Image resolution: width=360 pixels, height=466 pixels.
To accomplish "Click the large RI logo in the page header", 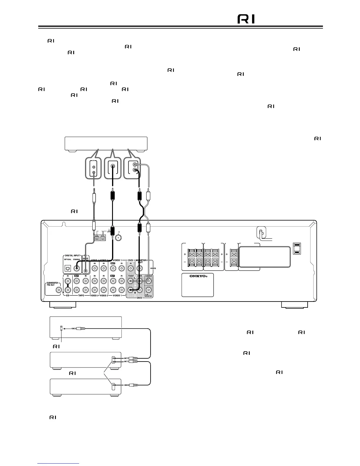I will click(246, 19).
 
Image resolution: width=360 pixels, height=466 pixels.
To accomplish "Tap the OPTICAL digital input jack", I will click(68, 268).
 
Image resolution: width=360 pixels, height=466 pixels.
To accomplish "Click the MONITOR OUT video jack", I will click(140, 268).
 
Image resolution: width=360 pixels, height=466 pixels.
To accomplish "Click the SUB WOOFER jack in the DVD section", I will click(149, 290).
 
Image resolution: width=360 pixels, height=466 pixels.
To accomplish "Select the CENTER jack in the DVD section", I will click(149, 281).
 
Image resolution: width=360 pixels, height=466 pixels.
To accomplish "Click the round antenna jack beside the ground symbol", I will click(119, 238).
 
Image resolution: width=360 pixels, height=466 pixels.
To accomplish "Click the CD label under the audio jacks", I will click(67, 295).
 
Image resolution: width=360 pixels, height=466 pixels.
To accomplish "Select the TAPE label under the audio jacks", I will click(81, 295).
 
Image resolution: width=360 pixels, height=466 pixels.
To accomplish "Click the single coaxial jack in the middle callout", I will click(113, 166).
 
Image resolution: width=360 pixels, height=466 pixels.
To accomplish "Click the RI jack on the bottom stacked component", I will click(114, 385).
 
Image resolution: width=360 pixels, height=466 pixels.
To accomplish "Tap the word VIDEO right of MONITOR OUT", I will click(153, 268).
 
